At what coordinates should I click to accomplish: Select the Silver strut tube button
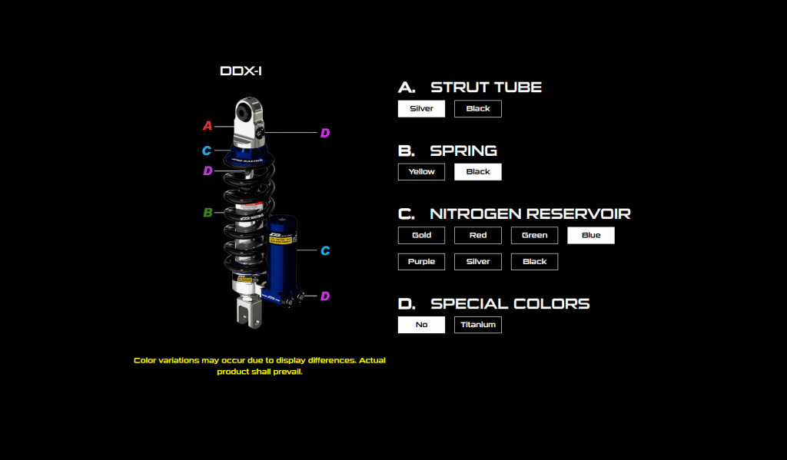pyautogui.click(x=421, y=108)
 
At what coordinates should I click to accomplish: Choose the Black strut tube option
pyautogui.click(x=477, y=108)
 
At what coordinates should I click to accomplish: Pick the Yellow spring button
pyautogui.click(x=421, y=171)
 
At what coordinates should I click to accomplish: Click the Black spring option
pyautogui.click(x=477, y=171)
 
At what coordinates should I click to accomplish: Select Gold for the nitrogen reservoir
pyautogui.click(x=421, y=235)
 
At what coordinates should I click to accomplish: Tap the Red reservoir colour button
pyautogui.click(x=477, y=235)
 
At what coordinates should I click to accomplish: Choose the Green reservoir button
pyautogui.click(x=534, y=235)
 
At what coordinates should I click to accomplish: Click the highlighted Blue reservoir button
pyautogui.click(x=590, y=235)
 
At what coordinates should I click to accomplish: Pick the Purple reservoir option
pyautogui.click(x=421, y=261)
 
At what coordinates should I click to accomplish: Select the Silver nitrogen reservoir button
pyautogui.click(x=477, y=261)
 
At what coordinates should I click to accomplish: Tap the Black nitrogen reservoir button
pyautogui.click(x=534, y=261)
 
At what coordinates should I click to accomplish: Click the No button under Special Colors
pyautogui.click(x=421, y=324)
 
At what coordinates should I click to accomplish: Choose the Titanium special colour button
pyautogui.click(x=478, y=324)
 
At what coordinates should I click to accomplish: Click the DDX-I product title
pyautogui.click(x=241, y=71)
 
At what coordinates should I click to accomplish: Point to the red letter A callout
pyautogui.click(x=207, y=126)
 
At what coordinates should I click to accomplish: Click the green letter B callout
pyautogui.click(x=208, y=213)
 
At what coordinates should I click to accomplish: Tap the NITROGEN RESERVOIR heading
pyautogui.click(x=530, y=213)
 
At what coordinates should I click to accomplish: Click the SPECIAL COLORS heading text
pyautogui.click(x=510, y=303)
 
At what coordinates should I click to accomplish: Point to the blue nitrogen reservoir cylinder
pyautogui.click(x=280, y=257)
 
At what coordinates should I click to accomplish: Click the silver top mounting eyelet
pyautogui.click(x=250, y=115)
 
